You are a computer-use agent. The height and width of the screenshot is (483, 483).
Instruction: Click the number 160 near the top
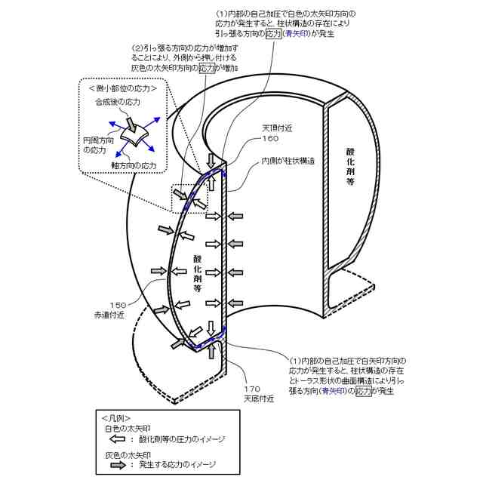click(x=270, y=139)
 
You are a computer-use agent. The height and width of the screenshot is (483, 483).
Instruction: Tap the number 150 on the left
click(x=118, y=305)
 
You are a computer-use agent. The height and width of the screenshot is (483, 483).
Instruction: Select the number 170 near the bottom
click(x=251, y=389)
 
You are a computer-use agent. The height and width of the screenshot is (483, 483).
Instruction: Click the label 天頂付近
click(x=276, y=128)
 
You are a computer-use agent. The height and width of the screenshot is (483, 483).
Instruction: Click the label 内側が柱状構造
click(x=289, y=161)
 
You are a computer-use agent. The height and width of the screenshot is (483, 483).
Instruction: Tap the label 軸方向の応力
click(x=134, y=165)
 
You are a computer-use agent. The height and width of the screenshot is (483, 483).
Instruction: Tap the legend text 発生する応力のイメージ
click(x=177, y=465)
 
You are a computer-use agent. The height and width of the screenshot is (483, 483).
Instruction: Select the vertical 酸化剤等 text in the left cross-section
click(x=197, y=272)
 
